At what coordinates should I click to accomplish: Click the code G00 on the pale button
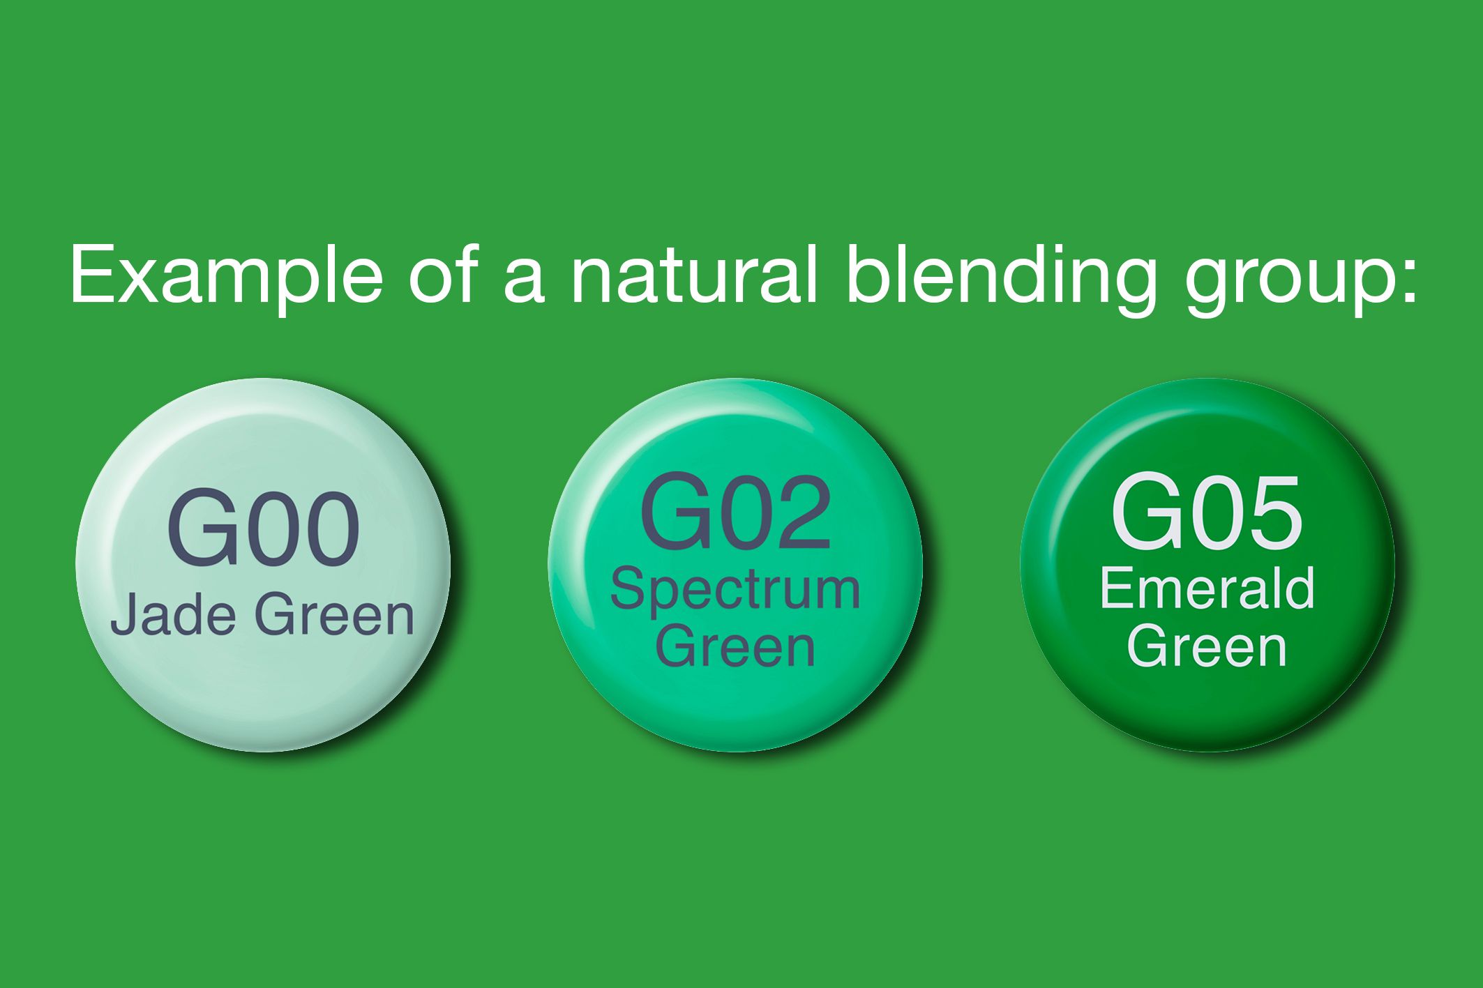(263, 529)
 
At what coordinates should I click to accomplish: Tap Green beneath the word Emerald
(1207, 646)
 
